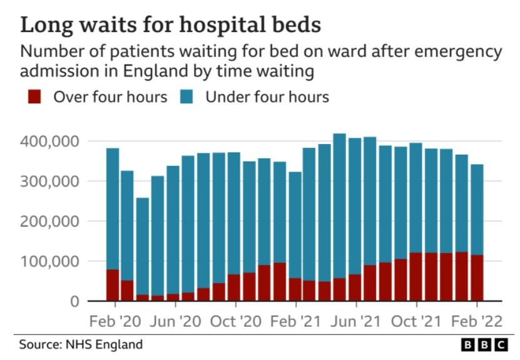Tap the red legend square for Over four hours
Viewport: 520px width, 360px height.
coord(35,96)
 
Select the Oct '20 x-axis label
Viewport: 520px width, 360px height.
coord(235,322)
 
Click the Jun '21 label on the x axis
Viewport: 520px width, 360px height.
coord(355,322)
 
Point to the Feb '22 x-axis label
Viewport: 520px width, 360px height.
coord(476,322)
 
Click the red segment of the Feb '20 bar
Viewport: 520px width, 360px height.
coord(113,285)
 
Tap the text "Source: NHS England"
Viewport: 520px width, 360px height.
coord(81,344)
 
